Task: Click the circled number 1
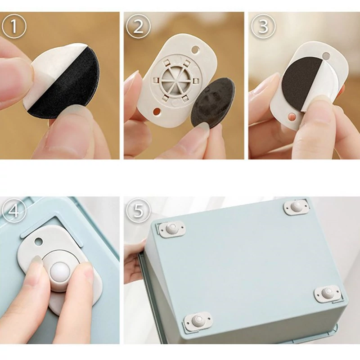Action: [x=14, y=27]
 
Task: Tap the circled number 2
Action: [x=138, y=27]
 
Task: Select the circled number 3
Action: [x=263, y=27]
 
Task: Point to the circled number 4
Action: [x=14, y=211]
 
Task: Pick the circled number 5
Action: [x=138, y=211]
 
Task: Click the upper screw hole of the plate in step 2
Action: [x=195, y=49]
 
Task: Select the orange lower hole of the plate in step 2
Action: [x=157, y=112]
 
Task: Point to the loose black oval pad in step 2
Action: [x=213, y=102]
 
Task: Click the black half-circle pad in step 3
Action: [x=300, y=82]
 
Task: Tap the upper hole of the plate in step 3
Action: [x=326, y=55]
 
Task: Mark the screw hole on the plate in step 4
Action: [x=38, y=241]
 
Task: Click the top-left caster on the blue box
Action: [x=172, y=229]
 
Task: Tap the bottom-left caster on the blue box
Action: [x=198, y=320]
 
